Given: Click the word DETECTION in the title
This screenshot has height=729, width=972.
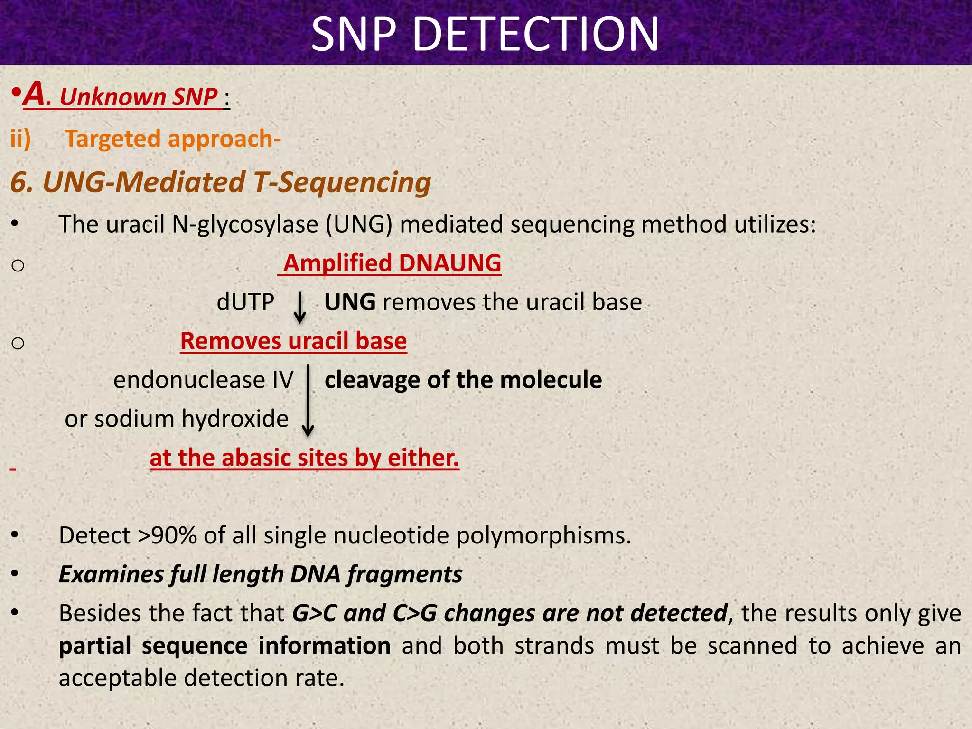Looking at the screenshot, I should click(536, 34).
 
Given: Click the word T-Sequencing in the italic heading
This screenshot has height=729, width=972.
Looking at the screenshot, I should click(342, 182).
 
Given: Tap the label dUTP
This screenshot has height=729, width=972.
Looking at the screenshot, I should click(245, 302).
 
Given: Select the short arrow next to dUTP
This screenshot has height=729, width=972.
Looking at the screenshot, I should click(299, 308).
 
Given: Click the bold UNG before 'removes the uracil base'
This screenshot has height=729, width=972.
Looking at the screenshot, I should click(350, 302).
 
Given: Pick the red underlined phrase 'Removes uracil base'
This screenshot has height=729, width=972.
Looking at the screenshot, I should click(293, 341).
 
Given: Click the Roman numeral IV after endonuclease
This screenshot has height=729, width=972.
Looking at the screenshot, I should click(283, 380).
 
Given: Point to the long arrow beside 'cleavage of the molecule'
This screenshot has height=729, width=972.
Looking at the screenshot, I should click(308, 401).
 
